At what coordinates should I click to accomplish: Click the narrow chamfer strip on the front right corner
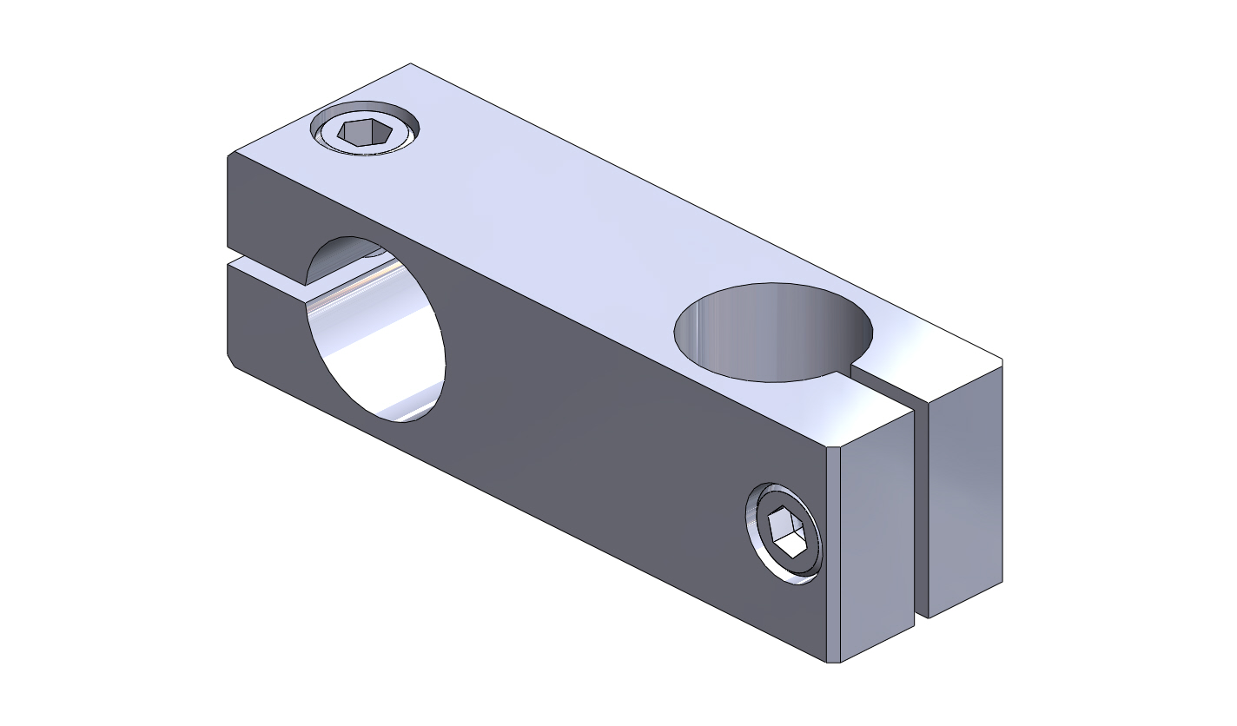click(x=832, y=556)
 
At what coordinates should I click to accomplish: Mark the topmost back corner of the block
click(x=410, y=63)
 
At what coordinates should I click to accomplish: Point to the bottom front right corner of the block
click(x=833, y=663)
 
